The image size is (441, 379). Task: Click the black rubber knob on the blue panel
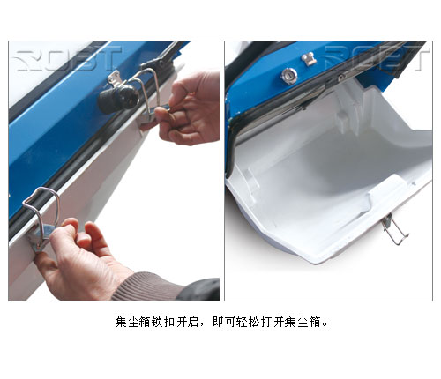(118, 99)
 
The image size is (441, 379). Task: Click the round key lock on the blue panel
(289, 76)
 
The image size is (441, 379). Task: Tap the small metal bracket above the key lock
(309, 59)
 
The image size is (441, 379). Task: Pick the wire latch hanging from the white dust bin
(394, 228)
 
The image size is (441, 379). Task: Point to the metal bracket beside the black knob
(116, 78)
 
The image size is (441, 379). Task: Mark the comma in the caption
(202, 324)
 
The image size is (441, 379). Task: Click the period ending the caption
(325, 324)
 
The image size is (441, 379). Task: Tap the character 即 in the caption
(219, 322)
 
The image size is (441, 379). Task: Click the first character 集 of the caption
(121, 322)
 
